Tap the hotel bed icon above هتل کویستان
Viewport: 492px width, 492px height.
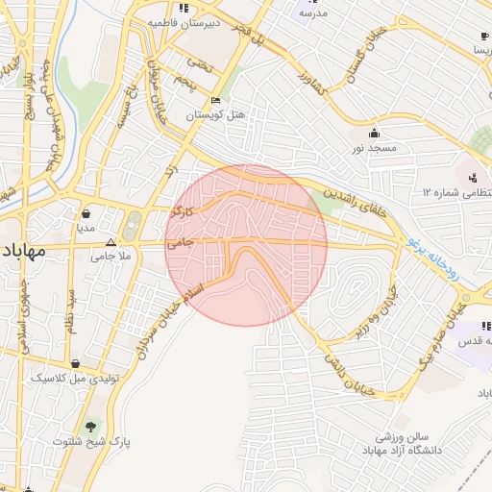pos(216,100)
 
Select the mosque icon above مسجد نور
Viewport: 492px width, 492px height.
pos(372,134)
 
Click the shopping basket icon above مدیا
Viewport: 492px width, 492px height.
pos(87,214)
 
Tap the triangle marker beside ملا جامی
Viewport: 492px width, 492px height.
pos(111,242)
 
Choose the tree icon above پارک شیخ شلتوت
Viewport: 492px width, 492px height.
pos(92,426)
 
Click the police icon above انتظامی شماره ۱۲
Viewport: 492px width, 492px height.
pos(473,178)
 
